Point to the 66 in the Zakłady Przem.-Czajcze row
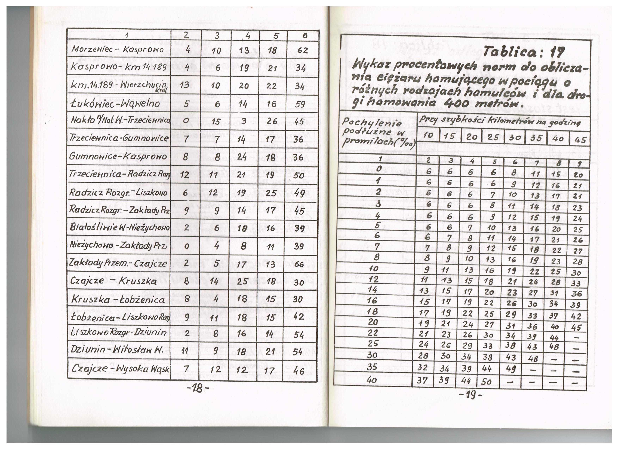(299, 264)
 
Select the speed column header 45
(580, 140)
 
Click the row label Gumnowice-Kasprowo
(118, 157)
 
